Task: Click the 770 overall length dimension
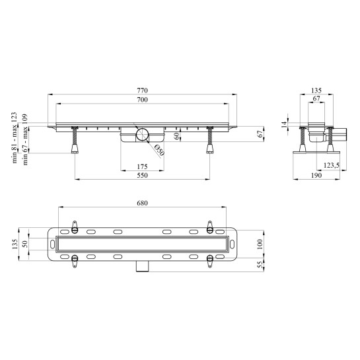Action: point(142,90)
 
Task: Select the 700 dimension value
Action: point(142,100)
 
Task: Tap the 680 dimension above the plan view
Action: point(142,203)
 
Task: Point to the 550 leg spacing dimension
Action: point(142,176)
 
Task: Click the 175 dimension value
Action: point(142,166)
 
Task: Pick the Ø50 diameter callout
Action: point(159,151)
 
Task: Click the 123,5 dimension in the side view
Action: point(332,165)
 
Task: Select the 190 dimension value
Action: point(316,176)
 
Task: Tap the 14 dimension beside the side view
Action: point(285,124)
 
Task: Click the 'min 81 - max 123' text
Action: point(15,138)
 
